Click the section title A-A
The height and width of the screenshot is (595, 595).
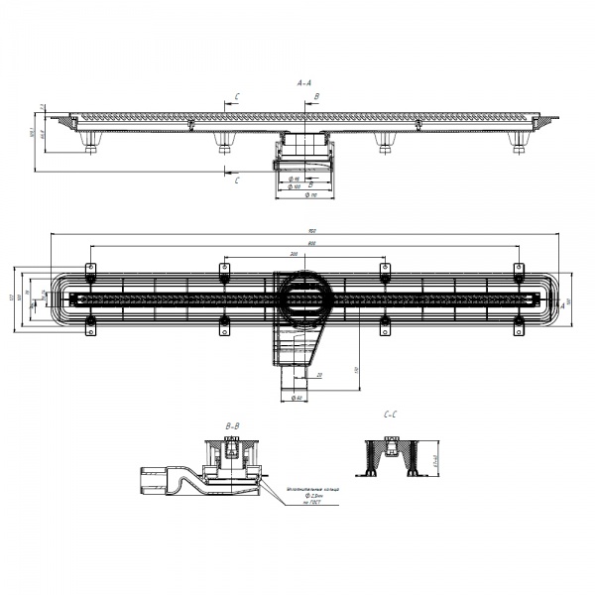click(305, 85)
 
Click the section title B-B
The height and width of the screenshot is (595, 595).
click(233, 424)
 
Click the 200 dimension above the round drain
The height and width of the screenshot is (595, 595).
click(297, 255)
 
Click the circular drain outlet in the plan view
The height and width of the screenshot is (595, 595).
click(302, 296)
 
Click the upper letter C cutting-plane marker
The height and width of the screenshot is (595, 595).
click(236, 96)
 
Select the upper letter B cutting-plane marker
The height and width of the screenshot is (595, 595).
click(316, 96)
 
